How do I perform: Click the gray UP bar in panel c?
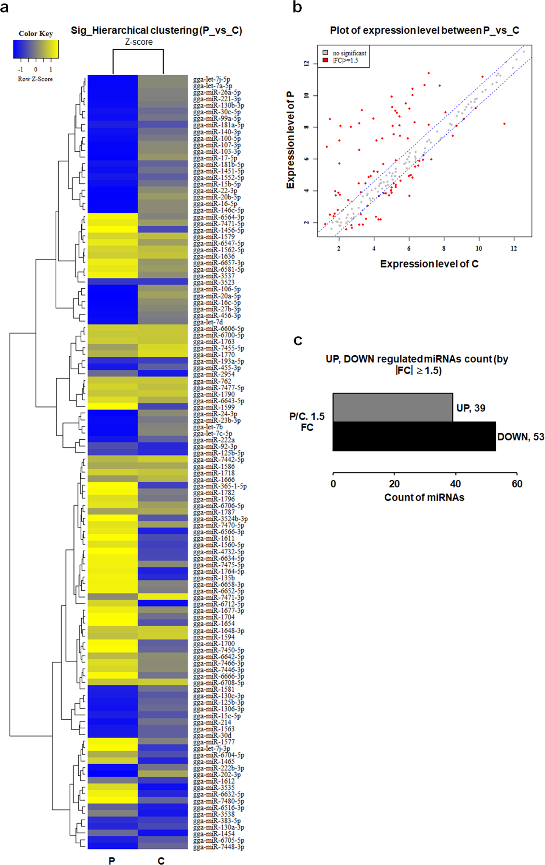(x=392, y=407)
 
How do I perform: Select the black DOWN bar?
(x=414, y=436)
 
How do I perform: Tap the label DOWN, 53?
(x=520, y=437)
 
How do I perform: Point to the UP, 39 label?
(x=470, y=408)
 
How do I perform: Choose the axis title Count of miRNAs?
(x=424, y=497)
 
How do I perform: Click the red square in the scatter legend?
(x=325, y=60)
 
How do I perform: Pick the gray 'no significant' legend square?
(x=325, y=53)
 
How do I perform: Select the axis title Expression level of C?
(x=429, y=264)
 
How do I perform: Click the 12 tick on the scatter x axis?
(x=514, y=248)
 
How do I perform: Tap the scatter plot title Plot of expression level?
(x=424, y=30)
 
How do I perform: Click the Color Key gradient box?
(x=36, y=49)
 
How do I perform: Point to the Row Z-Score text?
(x=35, y=79)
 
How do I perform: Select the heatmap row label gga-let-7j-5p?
(x=211, y=79)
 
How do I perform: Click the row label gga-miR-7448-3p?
(x=218, y=847)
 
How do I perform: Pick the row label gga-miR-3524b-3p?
(x=220, y=519)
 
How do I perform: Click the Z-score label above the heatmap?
(x=139, y=42)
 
